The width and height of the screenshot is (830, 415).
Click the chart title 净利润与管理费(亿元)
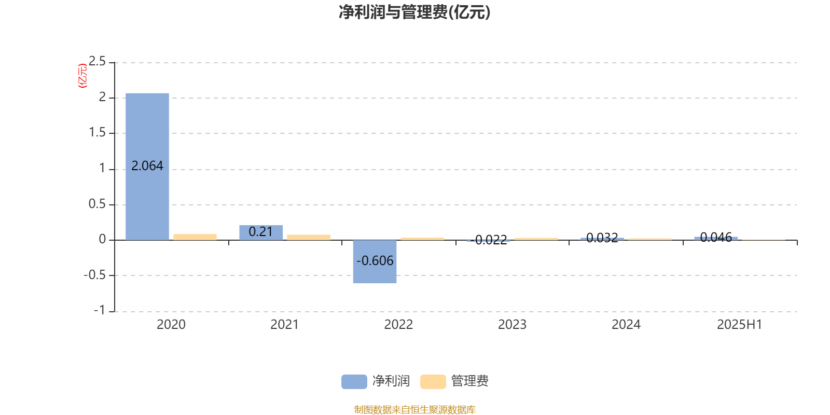414,12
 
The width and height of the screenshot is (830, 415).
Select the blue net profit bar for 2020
147,167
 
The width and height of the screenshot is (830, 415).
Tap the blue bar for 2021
261,233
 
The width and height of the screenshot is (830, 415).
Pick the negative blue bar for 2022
375,261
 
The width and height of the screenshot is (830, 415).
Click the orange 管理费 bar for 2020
195,237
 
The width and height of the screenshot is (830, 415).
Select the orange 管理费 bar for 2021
309,238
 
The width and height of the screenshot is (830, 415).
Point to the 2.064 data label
147,165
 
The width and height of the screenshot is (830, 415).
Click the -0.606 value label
375,261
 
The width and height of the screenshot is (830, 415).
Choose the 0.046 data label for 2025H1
716,237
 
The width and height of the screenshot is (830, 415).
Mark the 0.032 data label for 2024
602,238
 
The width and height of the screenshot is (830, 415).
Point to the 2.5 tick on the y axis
97,61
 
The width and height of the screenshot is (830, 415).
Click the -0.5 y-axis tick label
94,275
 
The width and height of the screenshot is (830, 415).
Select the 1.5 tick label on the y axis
97,132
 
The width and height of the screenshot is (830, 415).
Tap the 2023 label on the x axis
512,325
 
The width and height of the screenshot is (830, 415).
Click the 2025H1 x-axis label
740,325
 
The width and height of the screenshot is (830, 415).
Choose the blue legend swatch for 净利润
354,382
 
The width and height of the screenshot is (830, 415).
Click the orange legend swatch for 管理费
433,382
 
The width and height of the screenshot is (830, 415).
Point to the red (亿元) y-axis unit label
82,76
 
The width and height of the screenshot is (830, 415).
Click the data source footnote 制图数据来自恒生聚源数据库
414,409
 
